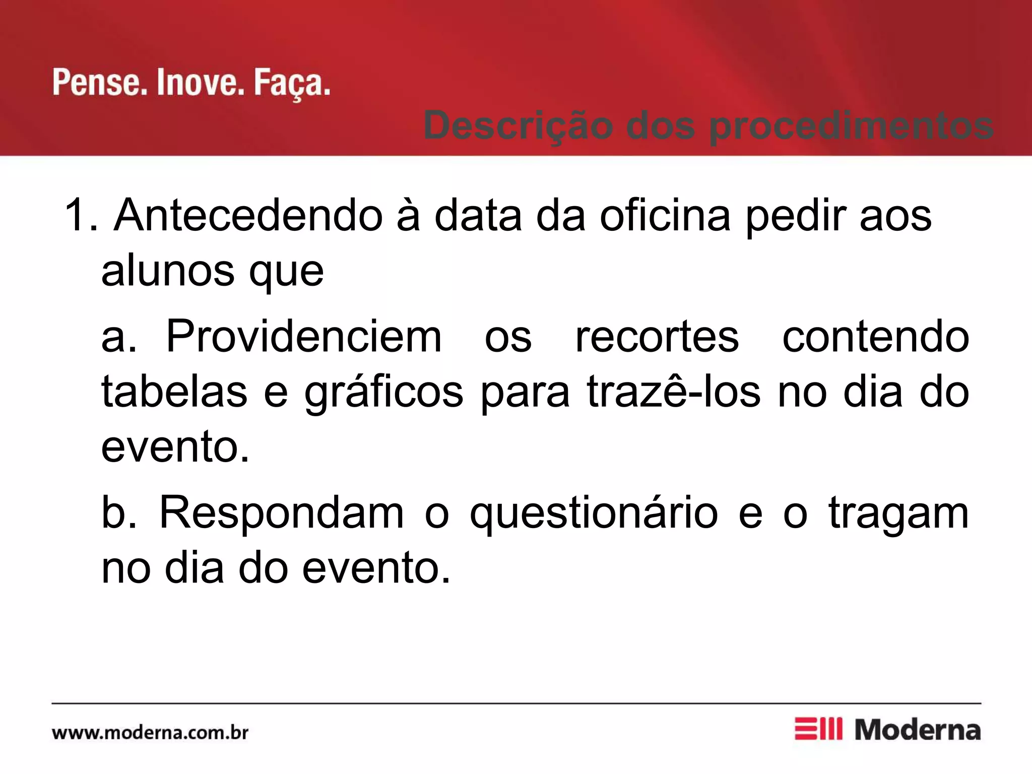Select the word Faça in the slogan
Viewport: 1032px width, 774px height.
(291, 83)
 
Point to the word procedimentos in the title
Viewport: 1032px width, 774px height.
(851, 126)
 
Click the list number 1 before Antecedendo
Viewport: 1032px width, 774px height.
(80, 216)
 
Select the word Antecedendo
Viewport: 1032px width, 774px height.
(248, 216)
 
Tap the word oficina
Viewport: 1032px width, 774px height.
(665, 216)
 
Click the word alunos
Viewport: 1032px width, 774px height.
(168, 271)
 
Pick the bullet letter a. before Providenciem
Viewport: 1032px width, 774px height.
(119, 337)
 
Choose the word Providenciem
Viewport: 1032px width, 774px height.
(304, 337)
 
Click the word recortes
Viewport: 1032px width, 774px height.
(657, 337)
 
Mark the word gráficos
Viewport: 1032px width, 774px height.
(383, 393)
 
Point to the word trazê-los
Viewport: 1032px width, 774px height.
(674, 392)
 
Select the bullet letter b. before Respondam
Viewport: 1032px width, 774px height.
(119, 513)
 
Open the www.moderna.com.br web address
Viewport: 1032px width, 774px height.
(150, 732)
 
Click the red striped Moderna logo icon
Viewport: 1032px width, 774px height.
(818, 729)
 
